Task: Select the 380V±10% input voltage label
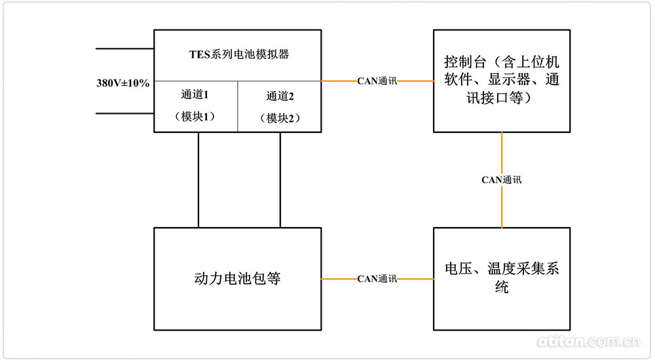pyautogui.click(x=124, y=83)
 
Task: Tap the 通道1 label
pyautogui.click(x=195, y=95)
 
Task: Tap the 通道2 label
pyautogui.click(x=280, y=96)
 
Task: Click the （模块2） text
pyautogui.click(x=280, y=118)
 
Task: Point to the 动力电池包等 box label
pyautogui.click(x=238, y=278)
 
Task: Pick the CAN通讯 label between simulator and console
pyautogui.click(x=377, y=81)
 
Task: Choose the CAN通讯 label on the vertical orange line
pyautogui.click(x=502, y=179)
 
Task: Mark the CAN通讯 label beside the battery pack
pyautogui.click(x=377, y=279)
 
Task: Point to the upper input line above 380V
pyautogui.click(x=124, y=49)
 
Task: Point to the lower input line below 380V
pyautogui.click(x=124, y=113)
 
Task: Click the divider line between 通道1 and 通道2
pyautogui.click(x=237, y=107)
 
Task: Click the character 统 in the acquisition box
pyautogui.click(x=501, y=288)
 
